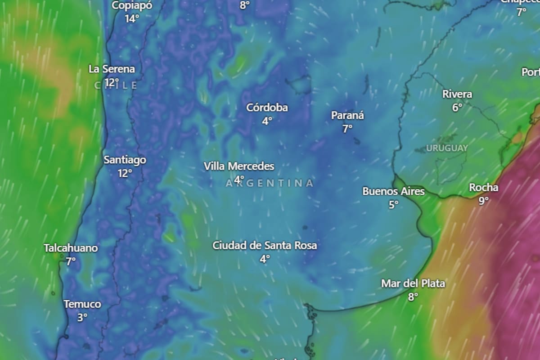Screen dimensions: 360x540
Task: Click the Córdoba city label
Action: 267,108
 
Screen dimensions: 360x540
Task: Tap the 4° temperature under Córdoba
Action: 267,121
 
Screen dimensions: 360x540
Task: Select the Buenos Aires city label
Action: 393,192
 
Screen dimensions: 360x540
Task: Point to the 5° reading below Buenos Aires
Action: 394,205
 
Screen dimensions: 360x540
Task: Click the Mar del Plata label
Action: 413,283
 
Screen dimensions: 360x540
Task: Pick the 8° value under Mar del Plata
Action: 413,297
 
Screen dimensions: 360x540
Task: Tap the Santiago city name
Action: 125,160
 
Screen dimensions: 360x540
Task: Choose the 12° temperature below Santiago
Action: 125,173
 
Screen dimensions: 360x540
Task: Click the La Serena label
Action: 112,69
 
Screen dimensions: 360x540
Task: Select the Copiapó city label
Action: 132,5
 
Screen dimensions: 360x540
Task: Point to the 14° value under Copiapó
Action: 132,18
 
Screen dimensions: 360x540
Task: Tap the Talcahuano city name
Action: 71,248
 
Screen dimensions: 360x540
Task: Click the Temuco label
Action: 82,304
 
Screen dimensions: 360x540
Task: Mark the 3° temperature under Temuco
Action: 82,317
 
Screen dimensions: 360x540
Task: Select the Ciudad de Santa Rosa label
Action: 265,246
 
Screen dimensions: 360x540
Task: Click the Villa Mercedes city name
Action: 239,166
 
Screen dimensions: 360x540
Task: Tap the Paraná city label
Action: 347,116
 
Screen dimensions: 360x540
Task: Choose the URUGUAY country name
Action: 447,148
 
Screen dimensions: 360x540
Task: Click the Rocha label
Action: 484,188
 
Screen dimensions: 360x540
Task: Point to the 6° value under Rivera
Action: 457,108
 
